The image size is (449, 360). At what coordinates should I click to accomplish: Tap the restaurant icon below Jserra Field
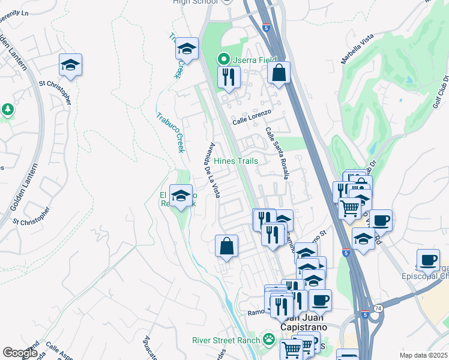click(x=228, y=77)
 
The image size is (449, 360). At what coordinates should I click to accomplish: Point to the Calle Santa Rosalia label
click(x=278, y=153)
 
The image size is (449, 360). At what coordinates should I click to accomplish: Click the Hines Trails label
click(x=236, y=161)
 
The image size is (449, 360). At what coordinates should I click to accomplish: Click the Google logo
click(x=20, y=353)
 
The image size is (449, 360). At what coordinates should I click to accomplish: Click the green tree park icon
click(x=7, y=109)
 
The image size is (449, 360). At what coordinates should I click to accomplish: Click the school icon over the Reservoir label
click(x=181, y=196)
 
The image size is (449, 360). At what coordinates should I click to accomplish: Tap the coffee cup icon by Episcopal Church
click(x=427, y=260)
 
